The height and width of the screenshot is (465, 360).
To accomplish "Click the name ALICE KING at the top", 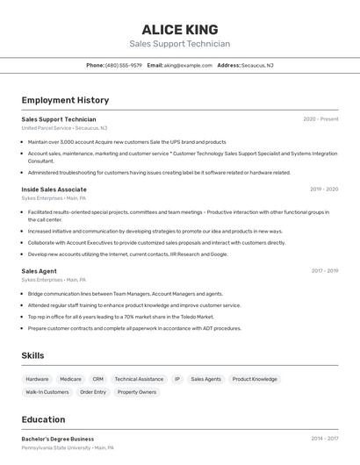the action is coord(179,30).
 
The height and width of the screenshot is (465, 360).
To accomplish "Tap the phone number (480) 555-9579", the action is coord(124,65).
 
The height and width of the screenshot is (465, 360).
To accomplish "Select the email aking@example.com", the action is coord(188,65).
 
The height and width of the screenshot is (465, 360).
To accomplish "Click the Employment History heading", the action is coord(65,100).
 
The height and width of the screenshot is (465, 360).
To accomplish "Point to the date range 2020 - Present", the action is coord(320,119).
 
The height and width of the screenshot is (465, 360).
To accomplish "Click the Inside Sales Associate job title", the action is coord(54,190).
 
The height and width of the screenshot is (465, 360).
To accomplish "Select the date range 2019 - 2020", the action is coord(324,190).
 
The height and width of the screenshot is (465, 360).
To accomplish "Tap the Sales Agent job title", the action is coord(39,271).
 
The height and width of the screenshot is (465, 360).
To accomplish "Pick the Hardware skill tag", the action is coord(38,379).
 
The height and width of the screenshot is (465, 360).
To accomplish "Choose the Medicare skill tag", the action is coord(70,379).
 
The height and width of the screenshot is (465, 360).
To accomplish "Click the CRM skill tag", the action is coord(97,379).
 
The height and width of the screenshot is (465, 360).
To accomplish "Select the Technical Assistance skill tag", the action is coord(139,379).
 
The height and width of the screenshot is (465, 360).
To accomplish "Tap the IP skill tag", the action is coord(176,379).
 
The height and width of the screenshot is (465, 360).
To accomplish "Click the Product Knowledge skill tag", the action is coord(255,379).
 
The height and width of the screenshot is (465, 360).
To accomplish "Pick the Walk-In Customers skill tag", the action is coord(47,392).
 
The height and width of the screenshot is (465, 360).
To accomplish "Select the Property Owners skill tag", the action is coord(137,392).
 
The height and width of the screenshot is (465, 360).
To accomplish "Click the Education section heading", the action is coord(43,419).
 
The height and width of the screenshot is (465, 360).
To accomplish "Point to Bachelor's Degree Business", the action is coord(57,439).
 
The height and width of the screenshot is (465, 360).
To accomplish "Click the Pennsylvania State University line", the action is coord(67,447).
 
